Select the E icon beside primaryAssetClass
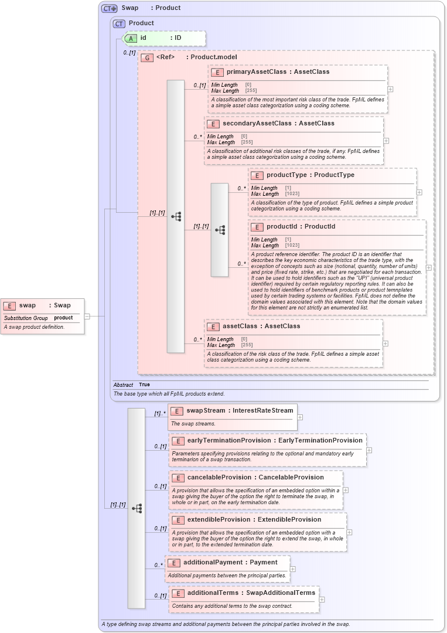tap(217, 72)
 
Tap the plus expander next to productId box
tap(428, 267)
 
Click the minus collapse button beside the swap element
tap(87, 316)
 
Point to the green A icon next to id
tap(132, 38)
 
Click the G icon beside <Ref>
tap(147, 57)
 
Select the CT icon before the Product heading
tap(120, 23)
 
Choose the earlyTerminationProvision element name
tap(221, 440)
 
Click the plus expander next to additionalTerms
tap(322, 599)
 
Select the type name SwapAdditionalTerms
tap(281, 593)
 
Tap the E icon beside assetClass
tap(213, 326)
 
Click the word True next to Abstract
tap(144, 384)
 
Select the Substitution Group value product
tap(63, 318)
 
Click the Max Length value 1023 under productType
tap(292, 194)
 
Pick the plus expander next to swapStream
tap(300, 417)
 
